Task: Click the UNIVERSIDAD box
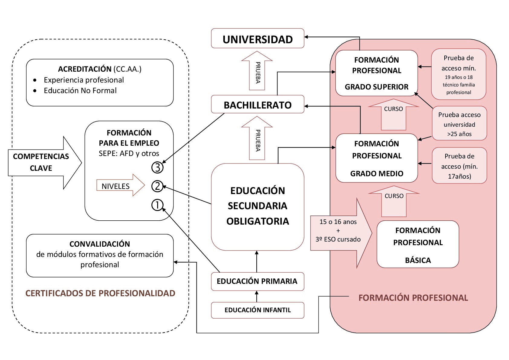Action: pos(258,39)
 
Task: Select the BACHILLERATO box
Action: pos(258,105)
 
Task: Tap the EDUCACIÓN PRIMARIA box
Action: pos(257,281)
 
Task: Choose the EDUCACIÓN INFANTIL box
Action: pos(258,310)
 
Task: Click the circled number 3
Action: pos(157,167)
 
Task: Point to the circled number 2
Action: pos(157,186)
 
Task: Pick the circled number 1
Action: pos(157,205)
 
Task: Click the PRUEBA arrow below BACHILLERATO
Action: pos(257,139)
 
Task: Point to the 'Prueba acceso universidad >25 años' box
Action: pos(459,124)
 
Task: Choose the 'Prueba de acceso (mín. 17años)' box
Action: pos(459,166)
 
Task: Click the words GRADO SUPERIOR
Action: pos(377,87)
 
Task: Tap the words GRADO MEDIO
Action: pos(377,174)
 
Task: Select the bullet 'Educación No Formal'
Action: pos(80,91)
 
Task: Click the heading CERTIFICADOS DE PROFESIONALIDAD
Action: pos(100,293)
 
